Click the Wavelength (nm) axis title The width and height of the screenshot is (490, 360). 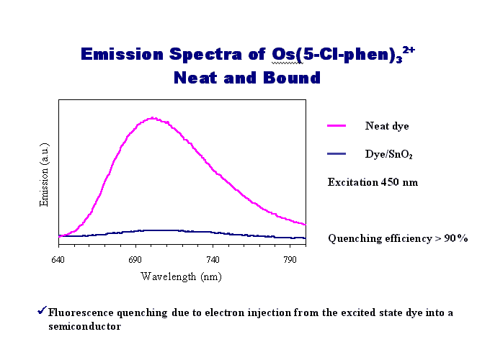coord(181,276)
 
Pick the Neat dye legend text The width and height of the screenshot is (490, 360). coord(387,126)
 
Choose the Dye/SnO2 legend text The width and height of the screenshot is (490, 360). coord(388,154)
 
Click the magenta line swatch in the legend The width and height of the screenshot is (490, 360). coord(337,126)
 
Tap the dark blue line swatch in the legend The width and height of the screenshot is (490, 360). coord(337,154)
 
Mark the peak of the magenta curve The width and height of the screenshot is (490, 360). coord(153,117)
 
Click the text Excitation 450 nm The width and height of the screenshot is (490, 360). coord(373,182)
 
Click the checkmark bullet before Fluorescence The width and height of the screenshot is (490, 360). coord(42,312)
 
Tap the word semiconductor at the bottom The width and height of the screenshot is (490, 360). coord(80,326)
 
